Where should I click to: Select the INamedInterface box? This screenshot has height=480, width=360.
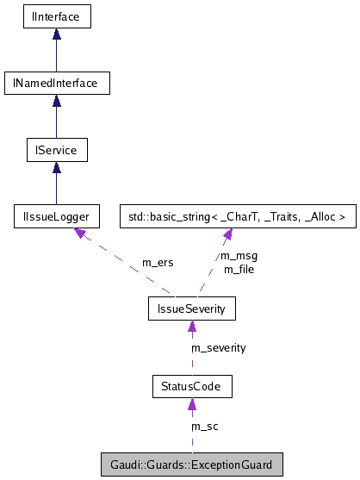click(x=56, y=84)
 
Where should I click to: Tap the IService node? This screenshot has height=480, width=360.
click(x=56, y=151)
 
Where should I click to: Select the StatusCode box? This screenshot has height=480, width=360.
click(x=191, y=386)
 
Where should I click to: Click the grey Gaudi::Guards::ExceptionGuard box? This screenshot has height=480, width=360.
click(x=191, y=465)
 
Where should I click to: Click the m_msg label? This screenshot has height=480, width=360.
click(x=239, y=256)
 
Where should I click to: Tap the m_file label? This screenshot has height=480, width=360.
click(x=239, y=269)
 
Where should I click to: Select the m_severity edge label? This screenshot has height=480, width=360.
click(x=218, y=347)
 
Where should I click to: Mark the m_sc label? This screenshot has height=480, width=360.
click(x=204, y=427)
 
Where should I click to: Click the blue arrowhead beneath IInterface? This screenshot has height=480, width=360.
click(x=56, y=34)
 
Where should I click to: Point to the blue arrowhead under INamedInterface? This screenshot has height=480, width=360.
click(x=56, y=101)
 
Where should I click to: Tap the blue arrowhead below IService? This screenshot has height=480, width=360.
click(x=56, y=168)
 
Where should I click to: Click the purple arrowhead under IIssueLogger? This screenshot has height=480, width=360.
click(x=80, y=234)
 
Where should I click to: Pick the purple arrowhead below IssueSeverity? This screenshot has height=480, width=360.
click(x=189, y=325)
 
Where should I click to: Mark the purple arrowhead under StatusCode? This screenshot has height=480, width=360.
click(x=191, y=404)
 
